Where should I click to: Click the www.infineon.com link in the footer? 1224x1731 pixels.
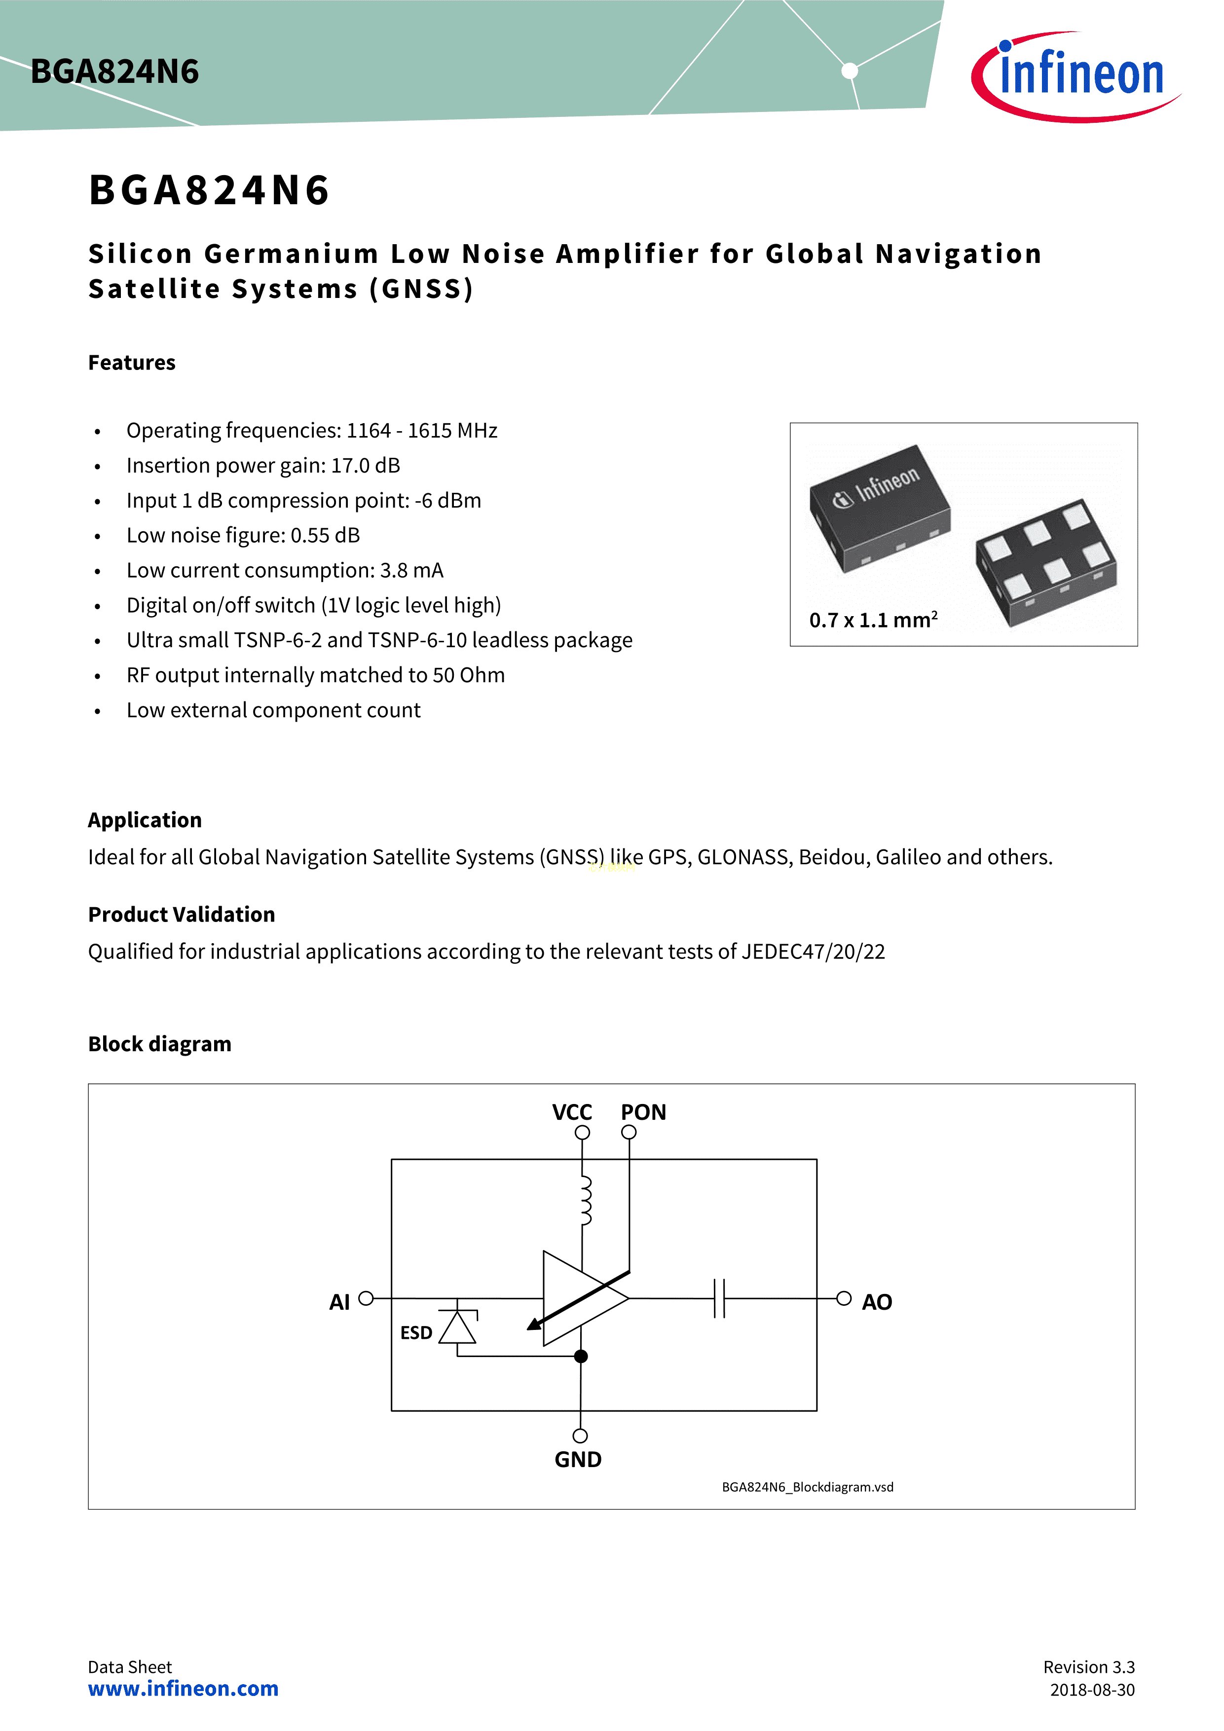pos(183,1689)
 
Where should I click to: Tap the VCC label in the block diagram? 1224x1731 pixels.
pos(572,1113)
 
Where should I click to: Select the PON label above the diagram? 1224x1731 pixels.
pos(643,1113)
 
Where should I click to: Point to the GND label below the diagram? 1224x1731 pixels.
pos(578,1460)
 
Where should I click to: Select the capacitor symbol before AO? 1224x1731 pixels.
pos(719,1298)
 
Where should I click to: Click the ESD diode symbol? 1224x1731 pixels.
pos(457,1328)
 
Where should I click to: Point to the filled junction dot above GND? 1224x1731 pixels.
pos(581,1356)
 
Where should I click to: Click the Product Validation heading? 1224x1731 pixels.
pos(182,915)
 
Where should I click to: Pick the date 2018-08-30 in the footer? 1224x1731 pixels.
pos(1092,1690)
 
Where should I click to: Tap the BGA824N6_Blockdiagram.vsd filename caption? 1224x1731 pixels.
pos(807,1487)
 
